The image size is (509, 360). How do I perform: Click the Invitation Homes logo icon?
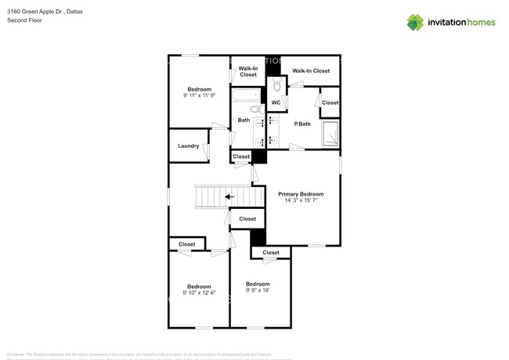414,22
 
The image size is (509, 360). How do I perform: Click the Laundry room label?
188,146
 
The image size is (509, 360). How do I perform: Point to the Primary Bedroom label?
301,193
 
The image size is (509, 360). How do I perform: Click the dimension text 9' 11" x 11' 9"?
198,96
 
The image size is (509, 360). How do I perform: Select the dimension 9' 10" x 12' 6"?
198,293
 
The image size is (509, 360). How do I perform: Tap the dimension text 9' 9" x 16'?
258,290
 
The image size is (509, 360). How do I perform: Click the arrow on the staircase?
229,196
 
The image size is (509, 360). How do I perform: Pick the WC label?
276,103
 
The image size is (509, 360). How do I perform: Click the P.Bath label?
302,124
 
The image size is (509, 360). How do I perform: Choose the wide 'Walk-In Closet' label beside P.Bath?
311,71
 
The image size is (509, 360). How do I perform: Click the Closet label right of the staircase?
247,219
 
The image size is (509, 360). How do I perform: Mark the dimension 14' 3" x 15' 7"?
301,201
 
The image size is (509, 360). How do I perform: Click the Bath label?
244,120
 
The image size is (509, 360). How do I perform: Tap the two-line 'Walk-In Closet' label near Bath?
248,71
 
